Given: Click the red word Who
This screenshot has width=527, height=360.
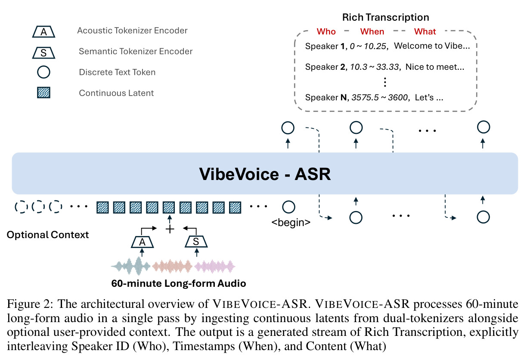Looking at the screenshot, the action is coord(326,31).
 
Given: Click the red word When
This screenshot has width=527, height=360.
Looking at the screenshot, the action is coord(372,31).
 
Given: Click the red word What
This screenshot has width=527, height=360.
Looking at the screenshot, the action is coord(425,31).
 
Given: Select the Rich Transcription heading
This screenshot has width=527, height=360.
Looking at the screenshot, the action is coord(386,17).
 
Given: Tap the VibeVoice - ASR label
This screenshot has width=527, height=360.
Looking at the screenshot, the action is coord(265,174).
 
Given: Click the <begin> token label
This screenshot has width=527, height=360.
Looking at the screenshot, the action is coord(291,222).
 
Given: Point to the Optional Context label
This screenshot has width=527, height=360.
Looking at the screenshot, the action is coord(48,235).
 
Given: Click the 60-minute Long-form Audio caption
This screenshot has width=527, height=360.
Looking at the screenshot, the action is coord(179,283).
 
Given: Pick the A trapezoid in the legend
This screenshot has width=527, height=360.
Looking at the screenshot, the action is coord(43,32).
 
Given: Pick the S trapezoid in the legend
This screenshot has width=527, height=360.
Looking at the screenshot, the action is coord(43,53).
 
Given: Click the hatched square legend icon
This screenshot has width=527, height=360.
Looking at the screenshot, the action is coord(43,93).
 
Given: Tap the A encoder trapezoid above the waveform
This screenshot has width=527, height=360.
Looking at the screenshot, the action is coord(143,242).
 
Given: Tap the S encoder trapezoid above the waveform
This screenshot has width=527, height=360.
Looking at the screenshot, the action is coord(196,242).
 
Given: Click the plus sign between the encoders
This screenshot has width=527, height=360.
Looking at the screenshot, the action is coord(170,229).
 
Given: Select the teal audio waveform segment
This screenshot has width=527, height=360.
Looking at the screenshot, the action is coord(131,266).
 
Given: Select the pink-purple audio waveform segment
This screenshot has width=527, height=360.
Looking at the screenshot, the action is coord(215,267).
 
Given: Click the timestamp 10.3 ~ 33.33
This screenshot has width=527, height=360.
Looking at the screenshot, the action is coord(375,67).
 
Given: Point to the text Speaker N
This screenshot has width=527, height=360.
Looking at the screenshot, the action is coord(326,97).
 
